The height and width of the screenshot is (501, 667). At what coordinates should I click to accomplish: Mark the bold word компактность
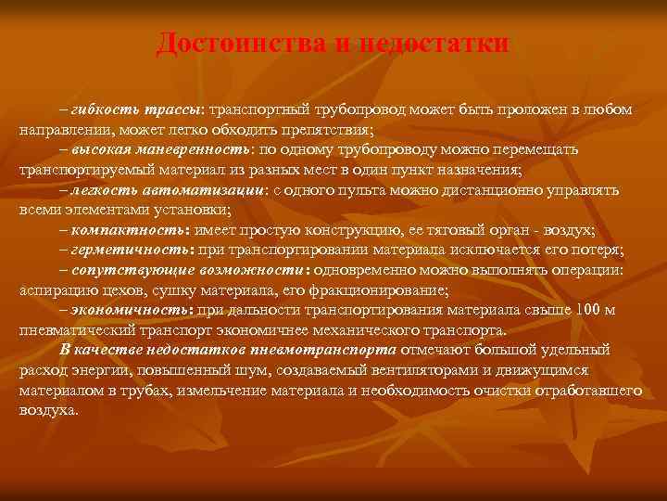coord(132,230)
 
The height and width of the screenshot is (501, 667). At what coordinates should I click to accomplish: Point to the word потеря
coord(598,250)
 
